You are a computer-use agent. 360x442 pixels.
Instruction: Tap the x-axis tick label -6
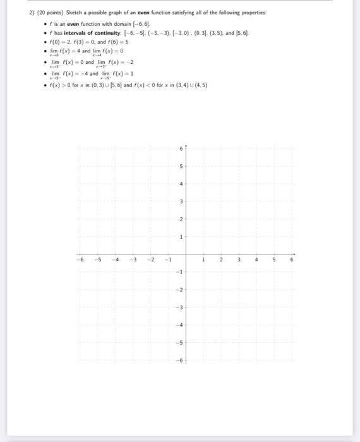coord(80,259)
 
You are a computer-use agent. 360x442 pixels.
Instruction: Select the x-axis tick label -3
coord(132,259)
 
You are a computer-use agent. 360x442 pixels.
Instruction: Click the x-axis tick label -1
coord(167,259)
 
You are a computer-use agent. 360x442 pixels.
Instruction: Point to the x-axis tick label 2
coord(221,259)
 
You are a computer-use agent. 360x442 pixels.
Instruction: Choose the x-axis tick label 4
coord(256,259)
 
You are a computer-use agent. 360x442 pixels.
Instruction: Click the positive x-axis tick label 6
coord(292,259)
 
